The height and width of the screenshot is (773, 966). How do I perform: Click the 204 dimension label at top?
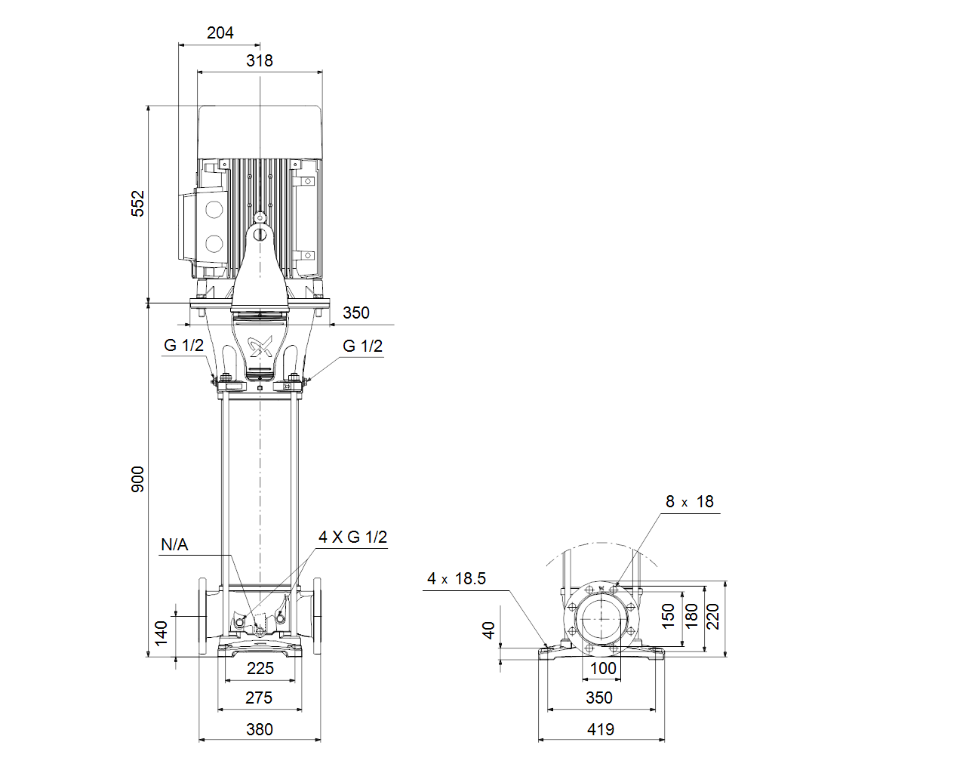[220, 32]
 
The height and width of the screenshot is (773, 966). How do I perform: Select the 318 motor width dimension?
[260, 60]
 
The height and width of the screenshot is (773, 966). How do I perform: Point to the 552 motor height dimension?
[138, 204]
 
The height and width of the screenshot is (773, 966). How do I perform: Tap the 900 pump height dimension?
[138, 479]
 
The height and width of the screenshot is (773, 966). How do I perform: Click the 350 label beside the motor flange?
[356, 313]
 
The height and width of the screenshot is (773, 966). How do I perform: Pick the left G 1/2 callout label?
[183, 345]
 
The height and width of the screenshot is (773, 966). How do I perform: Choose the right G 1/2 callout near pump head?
[363, 346]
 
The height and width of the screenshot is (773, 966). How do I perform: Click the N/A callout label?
[174, 545]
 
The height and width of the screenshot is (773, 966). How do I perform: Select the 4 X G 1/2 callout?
[353, 537]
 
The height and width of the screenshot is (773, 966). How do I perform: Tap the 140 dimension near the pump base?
[162, 633]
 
